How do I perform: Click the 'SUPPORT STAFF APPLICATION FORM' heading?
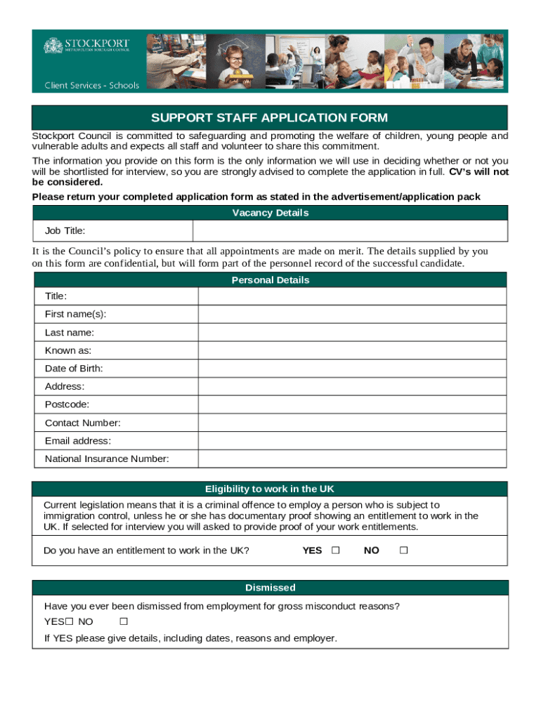pyautogui.click(x=270, y=118)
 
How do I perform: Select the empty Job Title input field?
pyautogui.click(x=349, y=231)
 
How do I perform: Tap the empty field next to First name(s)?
pyautogui.click(x=351, y=315)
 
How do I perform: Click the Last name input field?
pyautogui.click(x=351, y=333)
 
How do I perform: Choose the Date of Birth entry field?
pyautogui.click(x=351, y=369)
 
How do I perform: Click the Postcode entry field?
pyautogui.click(x=351, y=405)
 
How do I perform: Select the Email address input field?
pyautogui.click(x=351, y=441)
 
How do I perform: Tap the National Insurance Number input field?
pyautogui.click(x=351, y=459)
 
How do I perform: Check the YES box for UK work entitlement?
pyautogui.click(x=335, y=550)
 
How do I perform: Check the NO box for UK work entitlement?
pyautogui.click(x=403, y=550)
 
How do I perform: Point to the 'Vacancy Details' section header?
pyautogui.click(x=270, y=213)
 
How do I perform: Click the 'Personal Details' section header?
pyautogui.click(x=270, y=280)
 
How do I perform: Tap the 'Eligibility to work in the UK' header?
pyautogui.click(x=270, y=489)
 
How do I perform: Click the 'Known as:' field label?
pyautogui.click(x=68, y=350)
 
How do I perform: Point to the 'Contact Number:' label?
pyautogui.click(x=83, y=423)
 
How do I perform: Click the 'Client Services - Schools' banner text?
pyautogui.click(x=92, y=86)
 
